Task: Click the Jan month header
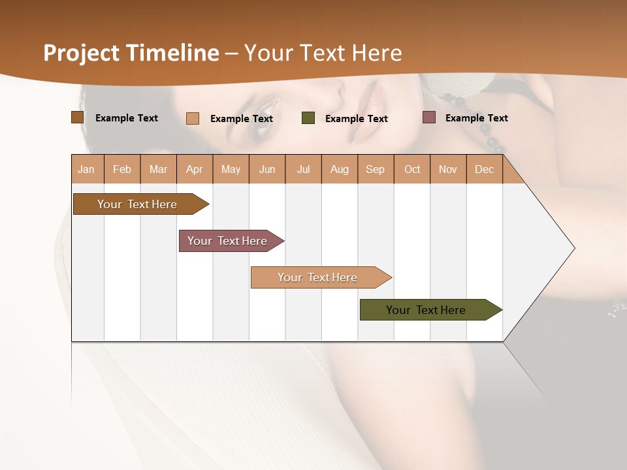[86, 169]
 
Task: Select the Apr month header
[194, 169]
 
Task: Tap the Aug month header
[339, 169]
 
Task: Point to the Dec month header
[484, 169]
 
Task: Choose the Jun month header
[267, 169]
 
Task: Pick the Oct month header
[412, 169]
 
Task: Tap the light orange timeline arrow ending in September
[319, 277]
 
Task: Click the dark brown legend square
[77, 117]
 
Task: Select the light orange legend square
[193, 118]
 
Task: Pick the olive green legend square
[308, 118]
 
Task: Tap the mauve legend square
[429, 117]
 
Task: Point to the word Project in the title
[82, 53]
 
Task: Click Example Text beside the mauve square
[476, 118]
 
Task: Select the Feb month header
[122, 169]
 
